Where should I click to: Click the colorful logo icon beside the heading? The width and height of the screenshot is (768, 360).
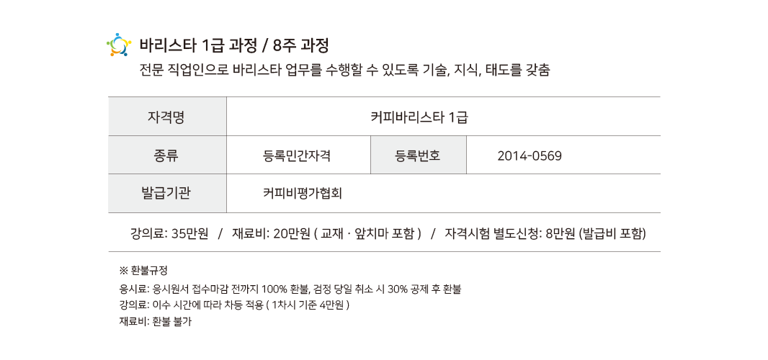pos(118,45)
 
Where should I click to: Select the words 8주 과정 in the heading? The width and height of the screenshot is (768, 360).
pos(301,45)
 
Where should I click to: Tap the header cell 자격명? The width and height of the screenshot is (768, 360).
pos(166,117)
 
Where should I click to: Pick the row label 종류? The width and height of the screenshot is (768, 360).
pos(166,155)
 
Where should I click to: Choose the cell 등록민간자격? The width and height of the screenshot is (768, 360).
pos(297,155)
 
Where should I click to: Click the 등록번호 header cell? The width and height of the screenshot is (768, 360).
pos(418,155)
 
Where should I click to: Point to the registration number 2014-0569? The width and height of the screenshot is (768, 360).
pos(530,155)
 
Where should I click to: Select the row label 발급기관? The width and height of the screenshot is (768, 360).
pos(166,193)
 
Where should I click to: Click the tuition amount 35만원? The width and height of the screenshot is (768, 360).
pos(190,233)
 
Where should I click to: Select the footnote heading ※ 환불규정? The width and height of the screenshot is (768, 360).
pos(143,271)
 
